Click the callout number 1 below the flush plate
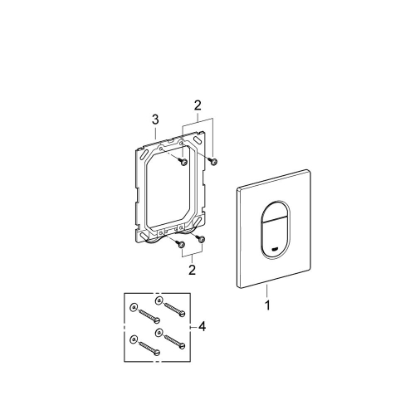[x=267, y=305]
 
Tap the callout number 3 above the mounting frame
[x=155, y=120]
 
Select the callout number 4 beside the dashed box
[x=203, y=327]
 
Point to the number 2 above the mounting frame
[x=198, y=105]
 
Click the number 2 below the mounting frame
[x=192, y=270]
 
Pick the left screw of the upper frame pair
[x=183, y=162]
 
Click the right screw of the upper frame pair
[x=213, y=162]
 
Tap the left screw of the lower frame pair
[x=181, y=244]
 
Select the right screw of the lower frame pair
[x=201, y=238]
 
